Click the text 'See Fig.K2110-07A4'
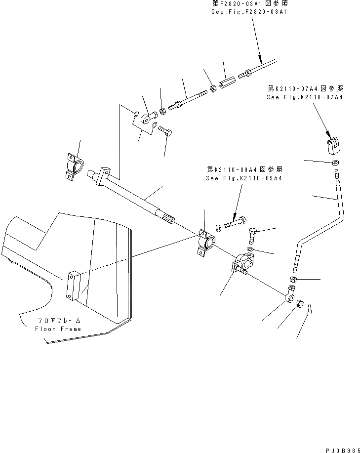[304, 97]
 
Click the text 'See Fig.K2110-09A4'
[243, 178]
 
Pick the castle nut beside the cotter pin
[299, 307]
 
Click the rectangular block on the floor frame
[72, 285]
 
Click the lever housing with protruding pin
[242, 262]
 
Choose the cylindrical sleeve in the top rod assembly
[226, 80]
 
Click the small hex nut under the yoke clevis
[335, 163]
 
